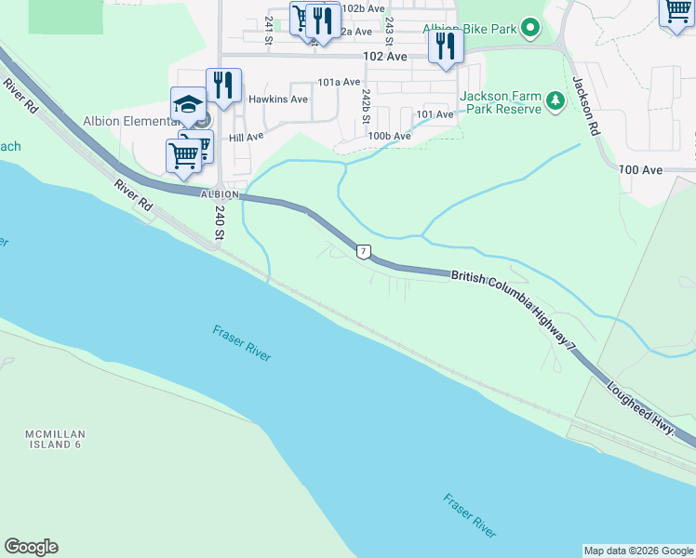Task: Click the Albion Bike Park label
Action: (x=470, y=29)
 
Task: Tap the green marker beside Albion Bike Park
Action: (x=530, y=29)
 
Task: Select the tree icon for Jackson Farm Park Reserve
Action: (x=556, y=100)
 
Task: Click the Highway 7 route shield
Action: (x=363, y=251)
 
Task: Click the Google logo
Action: (x=31, y=547)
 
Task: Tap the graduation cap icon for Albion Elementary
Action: (x=187, y=103)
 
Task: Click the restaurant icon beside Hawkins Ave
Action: (x=223, y=85)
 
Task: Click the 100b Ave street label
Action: (x=389, y=136)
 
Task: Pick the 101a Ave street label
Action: (x=339, y=82)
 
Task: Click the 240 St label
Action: (x=220, y=223)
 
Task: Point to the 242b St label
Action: (x=367, y=108)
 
